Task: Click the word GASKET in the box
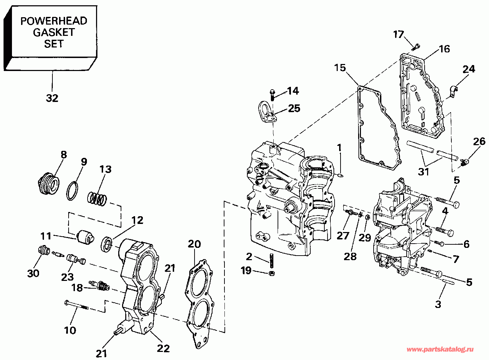(x=53, y=32)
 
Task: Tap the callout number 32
(x=52, y=98)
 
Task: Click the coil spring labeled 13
(x=97, y=199)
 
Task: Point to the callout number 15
(x=340, y=67)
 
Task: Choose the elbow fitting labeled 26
(x=464, y=162)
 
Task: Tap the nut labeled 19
(x=272, y=274)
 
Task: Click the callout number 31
(x=424, y=172)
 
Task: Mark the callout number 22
(x=163, y=348)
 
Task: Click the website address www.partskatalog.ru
(x=440, y=349)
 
